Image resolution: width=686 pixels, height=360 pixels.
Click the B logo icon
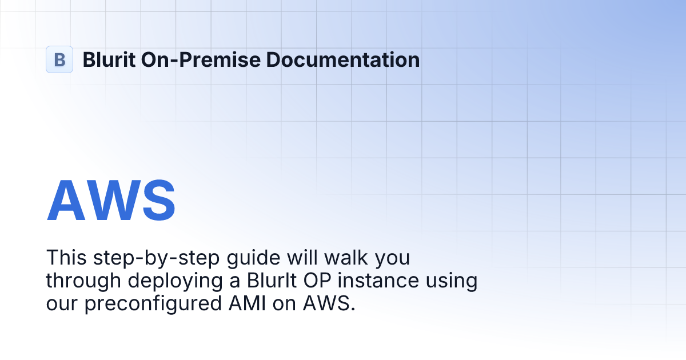pos(59,59)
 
